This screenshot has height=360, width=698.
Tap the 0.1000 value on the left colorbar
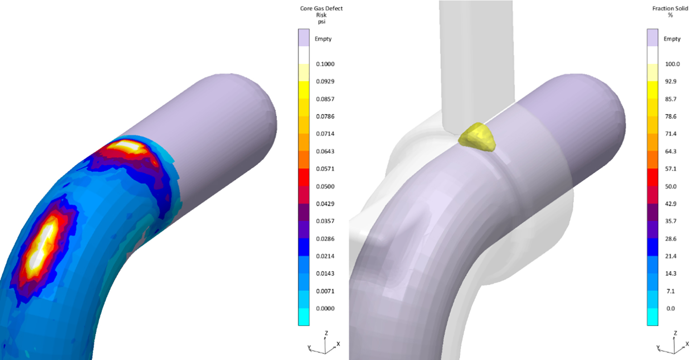pyautogui.click(x=325, y=64)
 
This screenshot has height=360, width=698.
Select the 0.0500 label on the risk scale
pyautogui.click(x=325, y=186)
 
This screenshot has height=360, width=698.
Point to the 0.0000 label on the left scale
pyautogui.click(x=325, y=308)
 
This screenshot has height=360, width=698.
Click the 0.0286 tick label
pyautogui.click(x=325, y=238)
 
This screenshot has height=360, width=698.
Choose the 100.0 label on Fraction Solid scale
pyautogui.click(x=672, y=64)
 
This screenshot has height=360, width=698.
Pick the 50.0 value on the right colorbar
pyautogui.click(x=670, y=186)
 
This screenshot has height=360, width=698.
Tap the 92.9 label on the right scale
pyautogui.click(x=670, y=82)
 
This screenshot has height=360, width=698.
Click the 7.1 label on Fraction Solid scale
pyautogui.click(x=670, y=291)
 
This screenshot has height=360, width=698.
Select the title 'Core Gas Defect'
pyautogui.click(x=321, y=9)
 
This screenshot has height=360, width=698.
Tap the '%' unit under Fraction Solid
pyautogui.click(x=670, y=15)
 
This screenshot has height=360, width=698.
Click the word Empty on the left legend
pyautogui.click(x=323, y=39)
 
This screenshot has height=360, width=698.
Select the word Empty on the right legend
pyautogui.click(x=672, y=39)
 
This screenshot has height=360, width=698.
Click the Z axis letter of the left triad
pyautogui.click(x=326, y=333)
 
